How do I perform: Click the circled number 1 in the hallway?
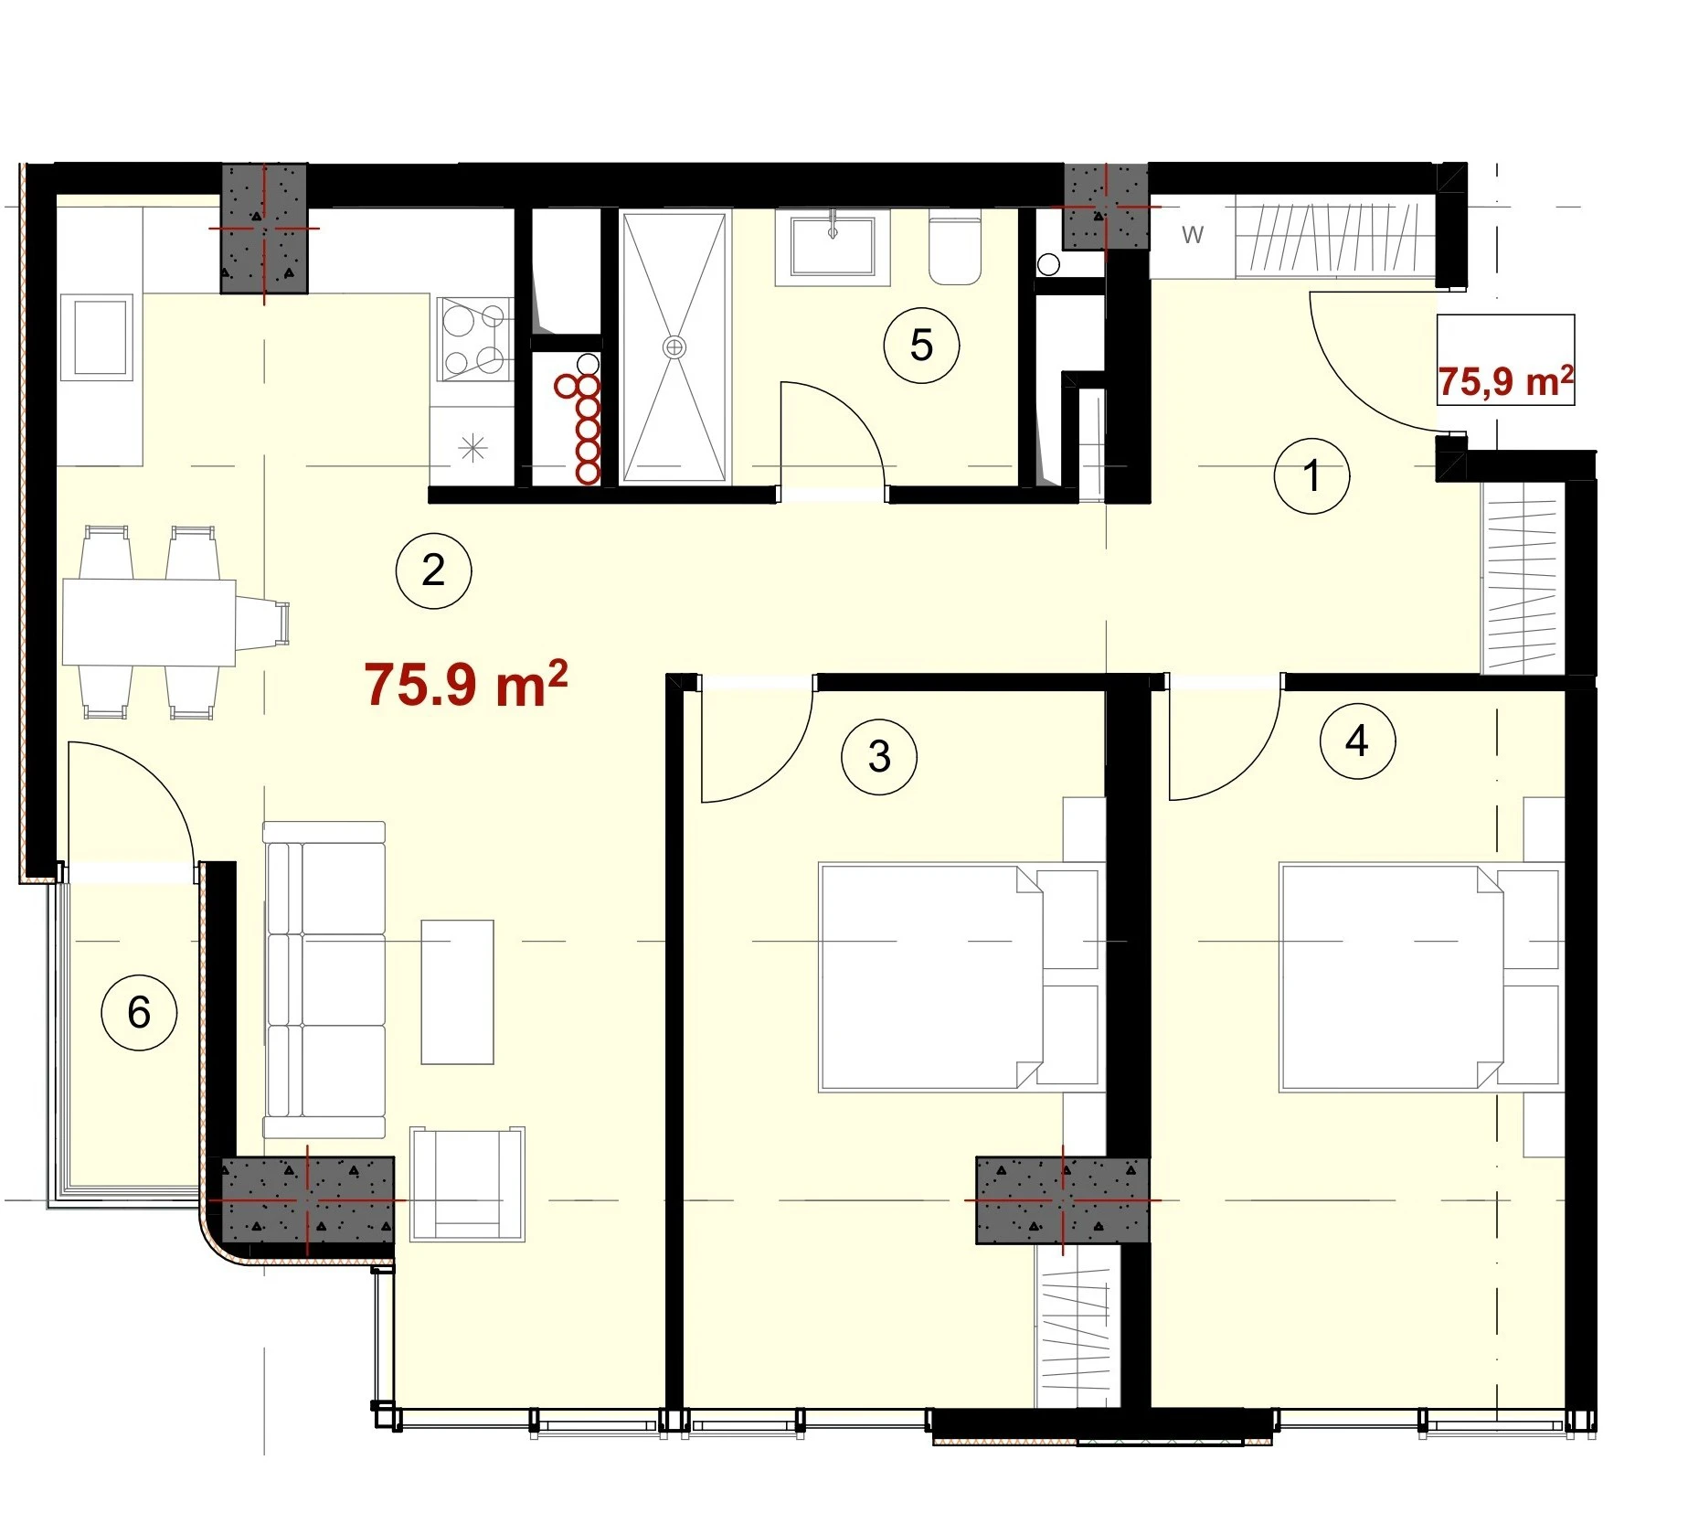click(1311, 475)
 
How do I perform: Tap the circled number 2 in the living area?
click(433, 570)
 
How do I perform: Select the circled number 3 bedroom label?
click(879, 756)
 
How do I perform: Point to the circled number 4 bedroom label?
click(1357, 741)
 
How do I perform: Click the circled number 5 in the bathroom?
click(921, 345)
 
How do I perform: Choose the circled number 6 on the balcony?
click(139, 1012)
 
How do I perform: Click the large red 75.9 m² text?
click(466, 684)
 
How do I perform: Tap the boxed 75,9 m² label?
click(1505, 381)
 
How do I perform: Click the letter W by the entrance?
click(1193, 235)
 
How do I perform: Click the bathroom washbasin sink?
click(833, 246)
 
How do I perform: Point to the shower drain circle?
click(674, 346)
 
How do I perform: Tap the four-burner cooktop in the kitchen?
click(473, 338)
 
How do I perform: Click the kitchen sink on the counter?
click(97, 336)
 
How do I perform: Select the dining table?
click(149, 622)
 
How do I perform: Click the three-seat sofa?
click(324, 979)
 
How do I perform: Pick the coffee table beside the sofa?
click(457, 992)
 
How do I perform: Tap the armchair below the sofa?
click(468, 1184)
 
